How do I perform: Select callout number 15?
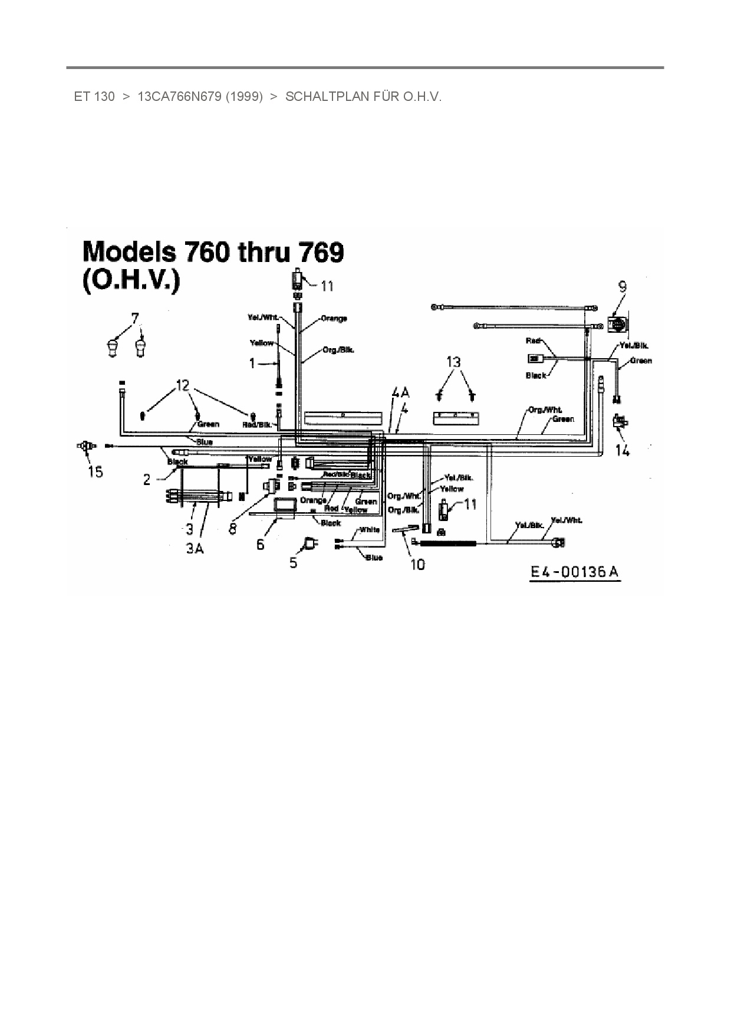(x=96, y=471)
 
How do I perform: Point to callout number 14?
(x=623, y=451)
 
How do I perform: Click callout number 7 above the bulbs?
(x=135, y=319)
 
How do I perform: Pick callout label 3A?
(x=195, y=548)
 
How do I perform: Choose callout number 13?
(x=453, y=362)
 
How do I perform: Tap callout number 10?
(x=417, y=564)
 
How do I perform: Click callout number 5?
(x=293, y=562)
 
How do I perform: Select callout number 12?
(x=183, y=385)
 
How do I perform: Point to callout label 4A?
(x=400, y=393)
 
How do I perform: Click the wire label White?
(x=370, y=529)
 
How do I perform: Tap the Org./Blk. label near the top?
(x=338, y=349)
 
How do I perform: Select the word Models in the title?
(x=129, y=252)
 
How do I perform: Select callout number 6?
(x=260, y=545)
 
